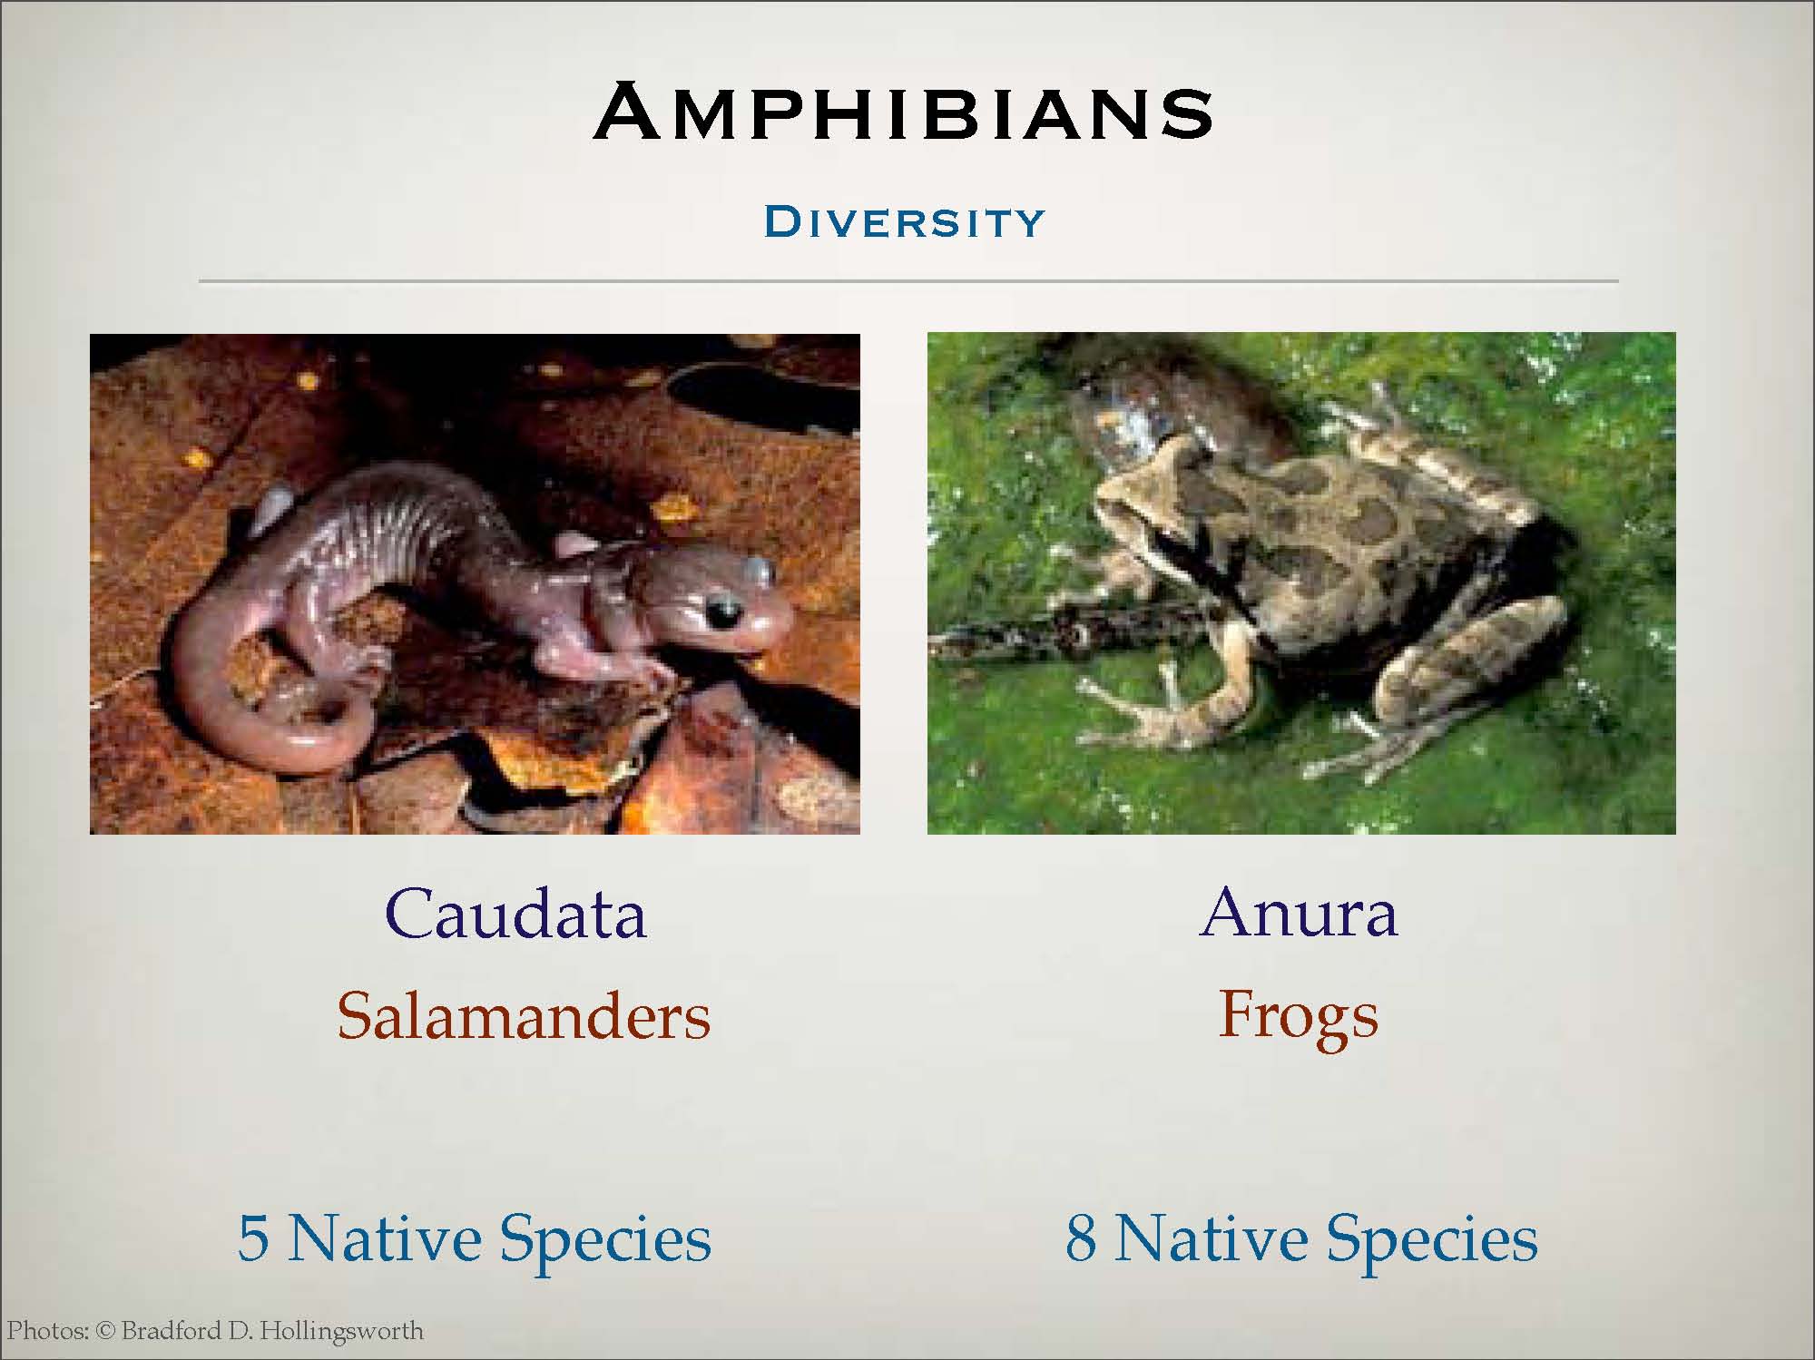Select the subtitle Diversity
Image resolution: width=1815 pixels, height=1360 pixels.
905,222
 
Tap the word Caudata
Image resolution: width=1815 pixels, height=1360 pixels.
515,913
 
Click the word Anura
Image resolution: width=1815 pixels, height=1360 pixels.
1299,912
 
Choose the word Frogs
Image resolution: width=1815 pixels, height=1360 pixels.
1299,1018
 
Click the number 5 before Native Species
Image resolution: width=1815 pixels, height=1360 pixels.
253,1238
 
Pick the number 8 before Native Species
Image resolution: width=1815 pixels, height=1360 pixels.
1081,1238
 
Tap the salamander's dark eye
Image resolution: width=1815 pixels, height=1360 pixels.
723,614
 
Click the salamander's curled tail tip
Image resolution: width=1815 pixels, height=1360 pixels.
309,717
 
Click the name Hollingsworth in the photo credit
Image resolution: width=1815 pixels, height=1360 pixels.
342,1332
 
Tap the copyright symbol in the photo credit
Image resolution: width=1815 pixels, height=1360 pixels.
106,1332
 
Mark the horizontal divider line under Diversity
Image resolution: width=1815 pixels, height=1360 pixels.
908,281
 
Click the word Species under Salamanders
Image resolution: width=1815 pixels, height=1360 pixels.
605,1240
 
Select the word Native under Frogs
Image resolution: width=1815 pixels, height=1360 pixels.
1212,1238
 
